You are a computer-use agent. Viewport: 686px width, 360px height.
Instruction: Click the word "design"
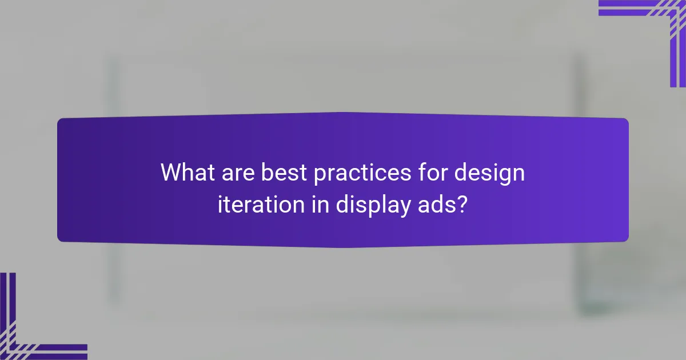point(489,173)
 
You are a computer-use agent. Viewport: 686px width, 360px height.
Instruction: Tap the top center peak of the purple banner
point(343,113)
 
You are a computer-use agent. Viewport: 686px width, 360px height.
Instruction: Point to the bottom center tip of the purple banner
point(343,247)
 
